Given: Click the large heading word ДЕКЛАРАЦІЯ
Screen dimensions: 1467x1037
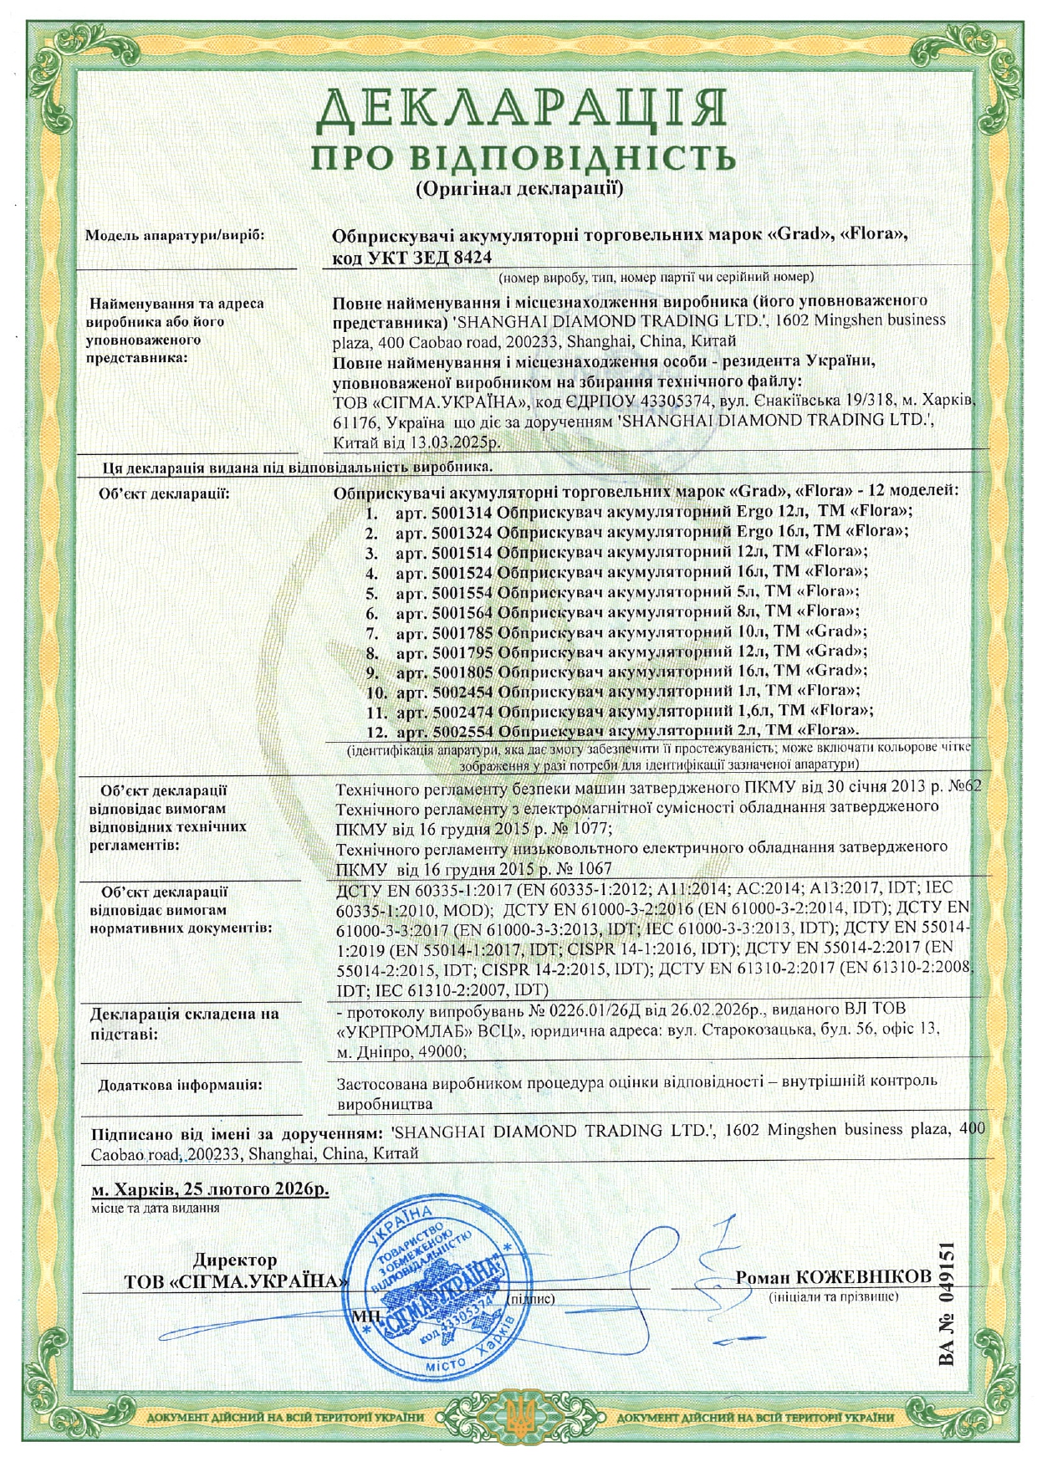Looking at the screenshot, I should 520,109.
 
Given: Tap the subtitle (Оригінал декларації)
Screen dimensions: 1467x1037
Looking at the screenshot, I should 519,187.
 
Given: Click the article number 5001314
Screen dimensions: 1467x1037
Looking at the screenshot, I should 464,511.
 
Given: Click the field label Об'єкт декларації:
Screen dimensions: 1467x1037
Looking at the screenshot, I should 164,493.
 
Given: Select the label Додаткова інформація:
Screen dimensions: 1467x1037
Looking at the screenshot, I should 180,1085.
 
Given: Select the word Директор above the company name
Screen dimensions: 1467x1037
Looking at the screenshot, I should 235,1260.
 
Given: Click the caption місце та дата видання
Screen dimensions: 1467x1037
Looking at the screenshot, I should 156,1208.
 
